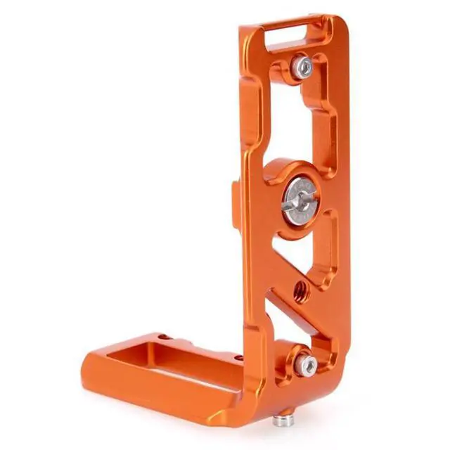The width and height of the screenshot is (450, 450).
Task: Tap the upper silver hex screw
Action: pyautogui.click(x=304, y=67)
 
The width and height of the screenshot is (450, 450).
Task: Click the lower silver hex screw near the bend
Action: pyautogui.click(x=305, y=364)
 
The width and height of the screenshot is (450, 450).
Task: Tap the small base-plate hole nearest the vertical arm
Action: pyautogui.click(x=238, y=356)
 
